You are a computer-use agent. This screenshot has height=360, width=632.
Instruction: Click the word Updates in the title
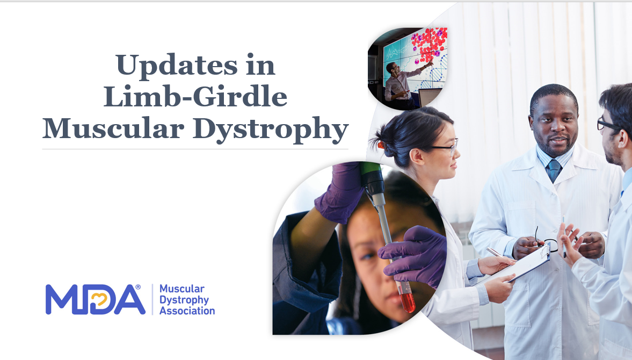177,66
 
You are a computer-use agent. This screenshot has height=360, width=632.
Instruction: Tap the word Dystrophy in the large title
271,130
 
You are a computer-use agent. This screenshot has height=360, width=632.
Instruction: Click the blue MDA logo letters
95,299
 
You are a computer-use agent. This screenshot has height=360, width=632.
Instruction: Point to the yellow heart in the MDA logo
100,299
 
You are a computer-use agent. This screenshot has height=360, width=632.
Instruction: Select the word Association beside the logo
187,311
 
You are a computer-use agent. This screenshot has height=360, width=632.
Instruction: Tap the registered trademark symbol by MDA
138,287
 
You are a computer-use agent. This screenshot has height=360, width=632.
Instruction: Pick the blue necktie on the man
554,170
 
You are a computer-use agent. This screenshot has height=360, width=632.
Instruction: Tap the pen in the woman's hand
494,252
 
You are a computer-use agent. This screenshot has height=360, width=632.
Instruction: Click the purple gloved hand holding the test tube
413,255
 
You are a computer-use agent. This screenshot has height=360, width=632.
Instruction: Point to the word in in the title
260,66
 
